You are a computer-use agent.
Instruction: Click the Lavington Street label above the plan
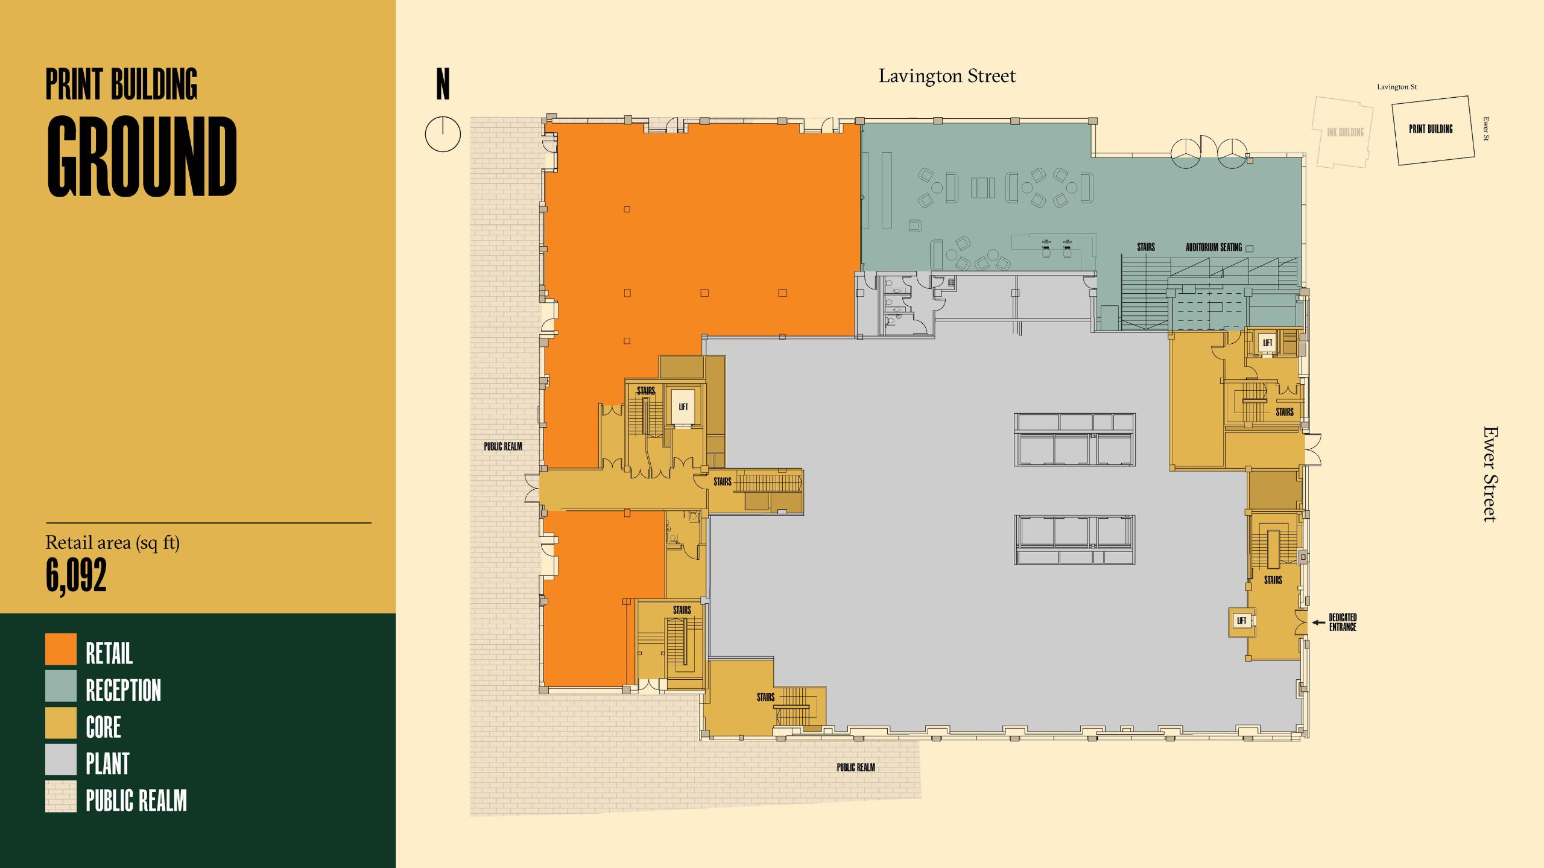pos(947,76)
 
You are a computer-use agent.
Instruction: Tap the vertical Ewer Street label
pos(1490,474)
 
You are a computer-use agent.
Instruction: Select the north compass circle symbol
pos(443,134)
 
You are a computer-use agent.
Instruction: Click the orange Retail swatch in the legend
pos(61,649)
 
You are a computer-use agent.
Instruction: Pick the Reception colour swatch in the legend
pos(61,686)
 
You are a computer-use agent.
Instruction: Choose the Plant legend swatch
pos(61,759)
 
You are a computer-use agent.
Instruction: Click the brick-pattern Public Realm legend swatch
pos(61,796)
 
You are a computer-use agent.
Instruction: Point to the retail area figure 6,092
pos(77,575)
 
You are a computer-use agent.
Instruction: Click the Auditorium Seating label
pos(1213,247)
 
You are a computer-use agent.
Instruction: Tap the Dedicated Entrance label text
pos(1343,622)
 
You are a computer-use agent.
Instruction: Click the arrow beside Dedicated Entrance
pos(1318,622)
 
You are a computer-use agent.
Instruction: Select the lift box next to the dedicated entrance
pos(1241,621)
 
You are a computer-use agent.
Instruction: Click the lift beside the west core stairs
pos(683,407)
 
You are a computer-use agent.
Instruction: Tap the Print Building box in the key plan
pos(1432,129)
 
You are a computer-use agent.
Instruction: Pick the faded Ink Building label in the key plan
pos(1345,132)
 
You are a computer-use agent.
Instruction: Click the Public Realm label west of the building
pos(503,446)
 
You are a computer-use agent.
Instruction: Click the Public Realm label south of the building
pos(855,767)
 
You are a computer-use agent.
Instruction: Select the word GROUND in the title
pos(142,157)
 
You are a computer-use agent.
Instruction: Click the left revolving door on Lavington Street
pos(1186,153)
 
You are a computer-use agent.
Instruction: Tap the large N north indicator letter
pos(443,84)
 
